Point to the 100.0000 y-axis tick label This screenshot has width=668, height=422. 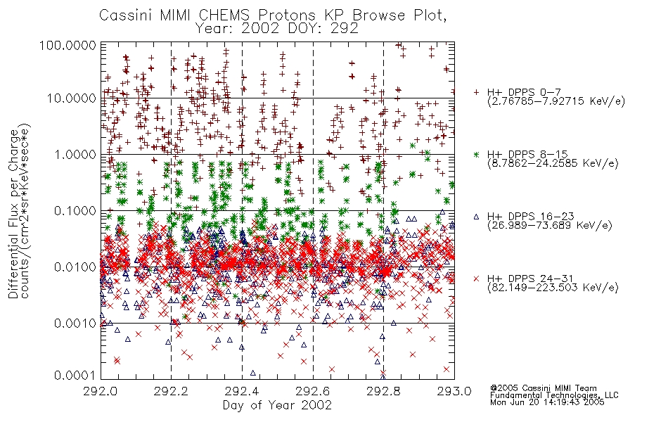[x=68, y=45]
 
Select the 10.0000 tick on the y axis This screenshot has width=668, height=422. [x=71, y=98]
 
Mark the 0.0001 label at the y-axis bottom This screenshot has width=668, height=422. [x=75, y=376]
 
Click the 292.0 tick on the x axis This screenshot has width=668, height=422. [x=101, y=391]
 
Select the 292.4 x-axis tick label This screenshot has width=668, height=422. [x=242, y=391]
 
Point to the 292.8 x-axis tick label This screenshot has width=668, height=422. [x=383, y=391]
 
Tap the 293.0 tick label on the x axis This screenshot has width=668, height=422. [x=454, y=391]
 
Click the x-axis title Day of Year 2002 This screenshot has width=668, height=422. [x=277, y=405]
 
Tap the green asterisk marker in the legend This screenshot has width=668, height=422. [x=476, y=154]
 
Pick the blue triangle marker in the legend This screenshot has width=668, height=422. [x=476, y=217]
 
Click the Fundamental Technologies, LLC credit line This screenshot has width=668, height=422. [x=554, y=395]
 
